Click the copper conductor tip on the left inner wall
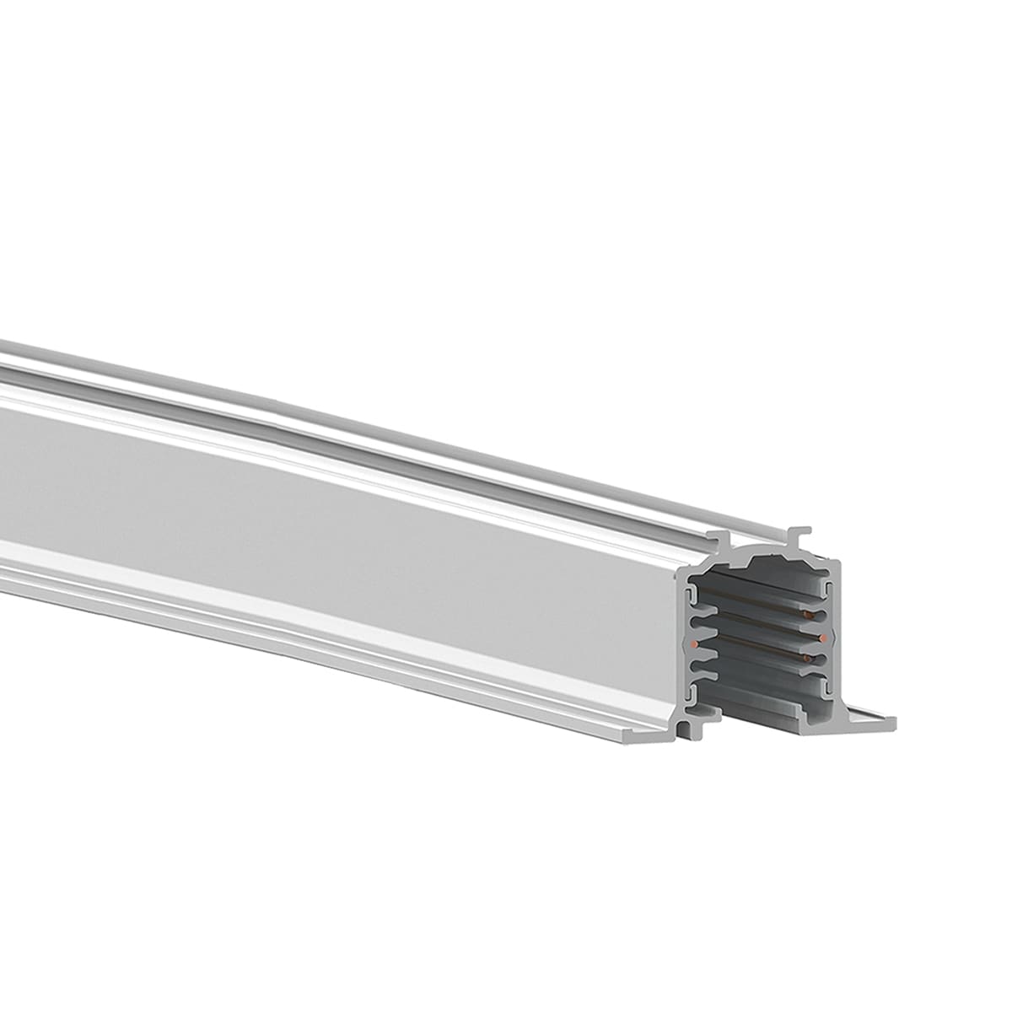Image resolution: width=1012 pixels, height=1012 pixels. click(693, 644)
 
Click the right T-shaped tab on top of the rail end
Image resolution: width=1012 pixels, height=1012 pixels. click(799, 535)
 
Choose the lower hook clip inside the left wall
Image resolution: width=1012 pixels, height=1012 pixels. click(693, 693)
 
